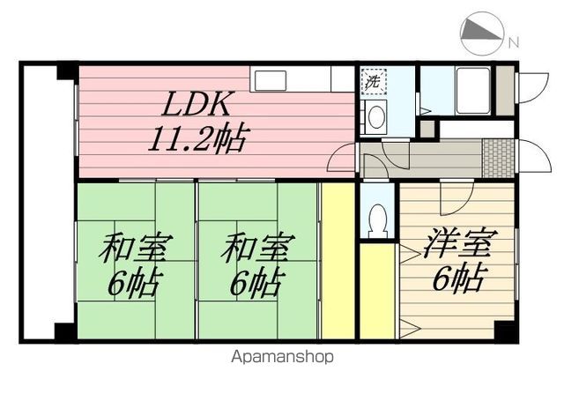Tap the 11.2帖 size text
(196, 137)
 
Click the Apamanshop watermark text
(283, 358)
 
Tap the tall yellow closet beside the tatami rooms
(337, 260)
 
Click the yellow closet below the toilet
(377, 291)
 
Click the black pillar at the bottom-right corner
(505, 330)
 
